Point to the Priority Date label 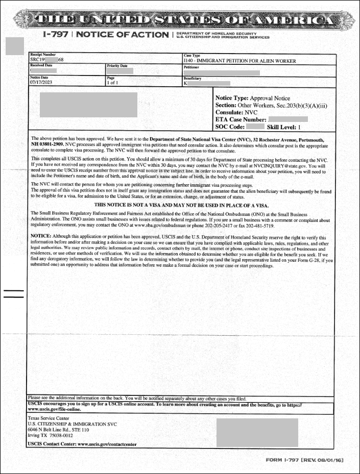117,66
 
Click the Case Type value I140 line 239,61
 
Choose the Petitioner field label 191,66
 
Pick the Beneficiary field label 193,78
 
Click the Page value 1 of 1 112,82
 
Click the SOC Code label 229,127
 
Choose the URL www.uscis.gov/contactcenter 107,444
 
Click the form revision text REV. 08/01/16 322,460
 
